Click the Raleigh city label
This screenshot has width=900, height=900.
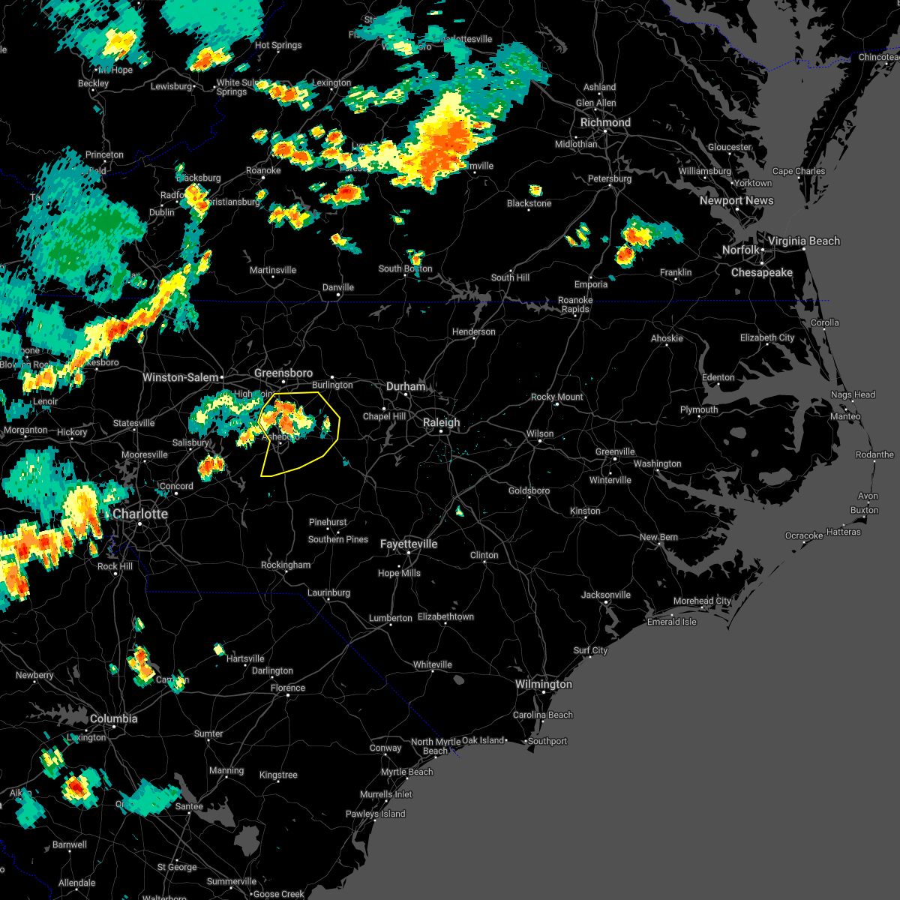click(x=441, y=422)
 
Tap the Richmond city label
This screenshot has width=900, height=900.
click(x=605, y=122)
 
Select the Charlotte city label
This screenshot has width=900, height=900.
click(x=140, y=514)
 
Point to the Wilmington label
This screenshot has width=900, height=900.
click(x=543, y=684)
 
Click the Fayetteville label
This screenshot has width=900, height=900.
click(x=409, y=544)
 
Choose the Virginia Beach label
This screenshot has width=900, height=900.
click(x=803, y=241)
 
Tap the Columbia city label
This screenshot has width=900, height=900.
click(x=113, y=718)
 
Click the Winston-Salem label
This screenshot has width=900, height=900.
click(x=181, y=377)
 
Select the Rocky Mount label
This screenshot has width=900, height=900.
click(x=556, y=397)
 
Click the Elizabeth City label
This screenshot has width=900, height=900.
click(x=767, y=337)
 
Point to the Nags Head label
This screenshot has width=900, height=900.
click(x=853, y=394)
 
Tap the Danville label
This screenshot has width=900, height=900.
click(x=338, y=287)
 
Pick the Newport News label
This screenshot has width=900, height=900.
click(x=736, y=200)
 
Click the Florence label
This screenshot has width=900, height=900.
click(x=288, y=688)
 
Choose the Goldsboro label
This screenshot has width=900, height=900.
click(x=529, y=490)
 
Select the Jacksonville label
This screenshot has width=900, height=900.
click(x=606, y=595)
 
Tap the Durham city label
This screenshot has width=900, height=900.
click(x=406, y=386)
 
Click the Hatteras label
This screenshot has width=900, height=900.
click(x=844, y=532)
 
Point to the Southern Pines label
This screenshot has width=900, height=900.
click(x=338, y=539)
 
